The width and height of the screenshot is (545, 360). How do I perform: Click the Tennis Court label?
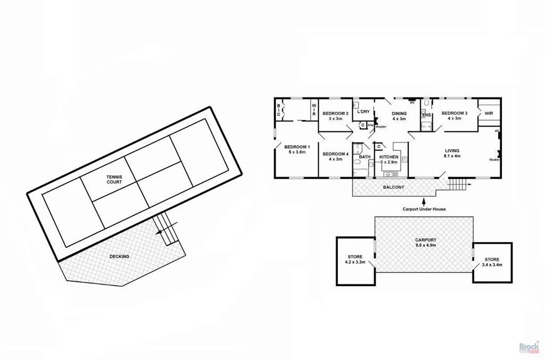114,179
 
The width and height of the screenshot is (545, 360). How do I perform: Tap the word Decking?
119,256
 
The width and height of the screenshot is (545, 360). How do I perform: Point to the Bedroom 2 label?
335,113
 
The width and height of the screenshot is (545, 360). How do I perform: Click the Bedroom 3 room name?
454,113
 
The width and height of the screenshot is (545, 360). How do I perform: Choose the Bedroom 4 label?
335,154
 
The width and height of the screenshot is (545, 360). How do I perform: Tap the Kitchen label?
389,157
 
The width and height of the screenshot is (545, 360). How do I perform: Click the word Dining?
399,113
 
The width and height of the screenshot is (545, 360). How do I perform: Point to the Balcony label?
394,187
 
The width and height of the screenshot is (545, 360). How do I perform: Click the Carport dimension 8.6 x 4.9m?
425,246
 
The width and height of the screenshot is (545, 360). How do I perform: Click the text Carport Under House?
424,210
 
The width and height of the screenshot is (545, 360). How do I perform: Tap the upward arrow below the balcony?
424,202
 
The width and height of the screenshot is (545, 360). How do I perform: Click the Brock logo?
529,346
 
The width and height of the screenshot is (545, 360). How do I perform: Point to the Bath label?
365,157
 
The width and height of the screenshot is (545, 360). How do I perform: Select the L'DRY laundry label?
364,112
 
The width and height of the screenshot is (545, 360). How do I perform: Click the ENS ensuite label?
426,115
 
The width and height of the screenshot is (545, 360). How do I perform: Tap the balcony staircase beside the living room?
457,185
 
